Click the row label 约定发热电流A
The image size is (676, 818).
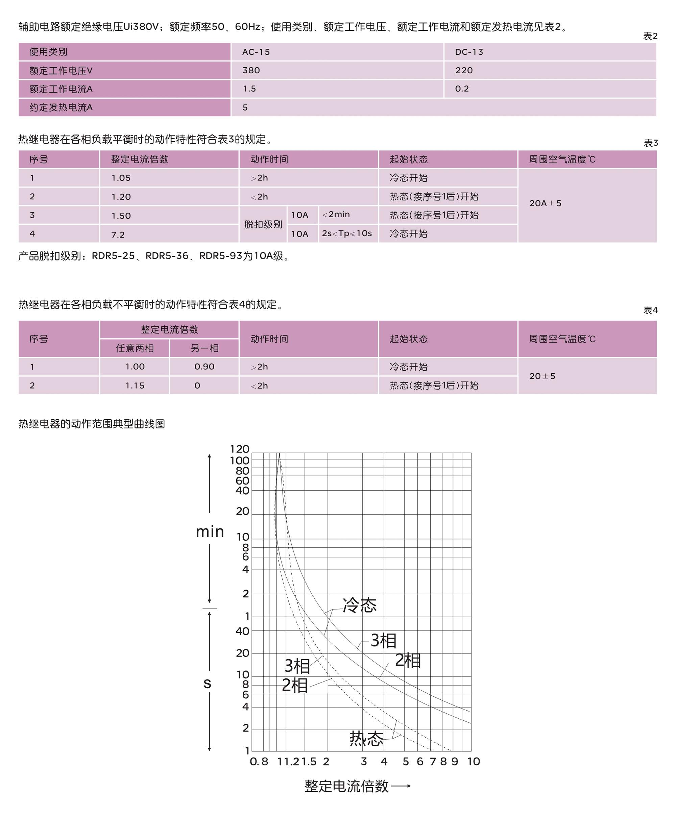pos(61,107)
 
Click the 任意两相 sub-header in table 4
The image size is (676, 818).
pos(135,348)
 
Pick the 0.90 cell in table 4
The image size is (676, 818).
pos(204,367)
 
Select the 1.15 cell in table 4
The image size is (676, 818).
pos(135,386)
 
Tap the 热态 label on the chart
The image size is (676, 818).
pos(366,738)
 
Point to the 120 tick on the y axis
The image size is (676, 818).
pos(240,449)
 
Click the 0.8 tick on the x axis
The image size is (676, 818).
pos(259,762)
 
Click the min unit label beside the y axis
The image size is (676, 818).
pos(210,531)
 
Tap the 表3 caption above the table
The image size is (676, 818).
pos(650,143)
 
